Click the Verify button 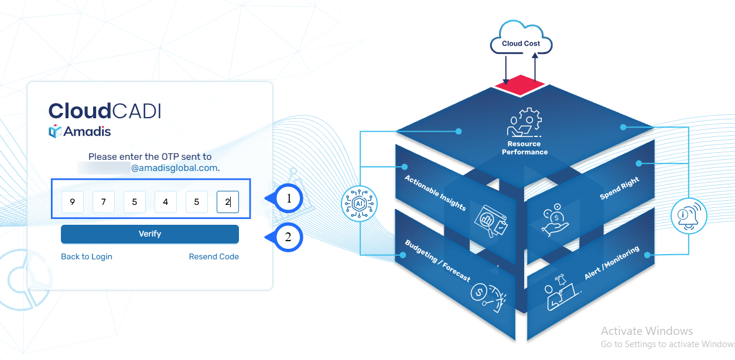tap(150, 234)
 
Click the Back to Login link tap(87, 257)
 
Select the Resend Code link tap(214, 257)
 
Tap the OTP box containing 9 tap(72, 203)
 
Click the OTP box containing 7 tap(104, 203)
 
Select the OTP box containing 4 tap(166, 203)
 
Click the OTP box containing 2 tap(228, 203)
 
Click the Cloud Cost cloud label tap(521, 44)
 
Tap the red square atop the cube tap(521, 85)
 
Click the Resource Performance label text tap(525, 148)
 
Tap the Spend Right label tap(619, 188)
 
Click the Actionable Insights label tap(435, 193)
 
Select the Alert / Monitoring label tap(611, 263)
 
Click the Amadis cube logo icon tap(55, 132)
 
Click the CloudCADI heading tap(105, 111)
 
